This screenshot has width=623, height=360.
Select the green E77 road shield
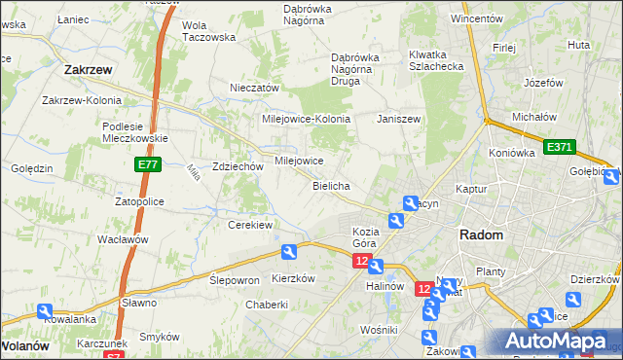click(147, 166)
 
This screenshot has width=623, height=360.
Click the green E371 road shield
click(560, 147)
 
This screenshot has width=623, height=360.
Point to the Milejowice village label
click(299, 161)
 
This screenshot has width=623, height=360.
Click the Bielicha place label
click(331, 185)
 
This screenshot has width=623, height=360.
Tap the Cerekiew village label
click(249, 224)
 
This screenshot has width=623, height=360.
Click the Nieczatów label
click(254, 88)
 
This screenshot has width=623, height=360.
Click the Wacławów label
click(123, 239)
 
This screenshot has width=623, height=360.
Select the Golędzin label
click(31, 168)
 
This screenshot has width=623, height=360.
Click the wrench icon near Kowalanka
click(45, 312)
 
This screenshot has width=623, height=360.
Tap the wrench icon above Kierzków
click(289, 253)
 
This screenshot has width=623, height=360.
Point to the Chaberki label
click(267, 304)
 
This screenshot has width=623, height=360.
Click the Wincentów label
click(477, 18)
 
